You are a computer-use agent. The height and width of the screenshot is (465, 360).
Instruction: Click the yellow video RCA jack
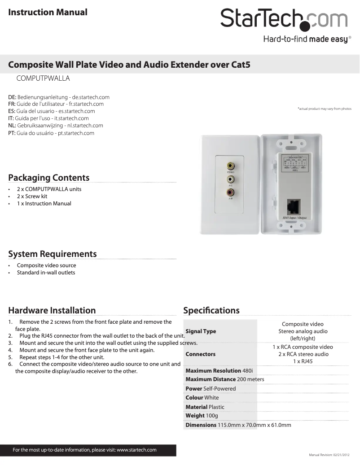tap(230, 165)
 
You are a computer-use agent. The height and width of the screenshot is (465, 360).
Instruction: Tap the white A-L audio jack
tap(230, 179)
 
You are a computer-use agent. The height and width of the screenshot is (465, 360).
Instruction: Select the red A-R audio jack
tap(230, 192)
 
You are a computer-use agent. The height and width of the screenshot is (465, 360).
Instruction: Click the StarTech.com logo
tap(284, 20)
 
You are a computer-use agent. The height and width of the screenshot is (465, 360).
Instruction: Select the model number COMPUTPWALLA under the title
tap(43, 78)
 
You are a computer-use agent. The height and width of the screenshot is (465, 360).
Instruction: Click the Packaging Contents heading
tap(49, 178)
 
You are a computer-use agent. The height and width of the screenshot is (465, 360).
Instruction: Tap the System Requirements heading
tap(53, 254)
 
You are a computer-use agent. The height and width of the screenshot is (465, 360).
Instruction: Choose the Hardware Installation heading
tap(52, 310)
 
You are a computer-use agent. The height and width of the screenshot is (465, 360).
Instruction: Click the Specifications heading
tap(211, 310)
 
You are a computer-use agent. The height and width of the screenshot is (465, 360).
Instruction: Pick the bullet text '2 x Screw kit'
tap(32, 196)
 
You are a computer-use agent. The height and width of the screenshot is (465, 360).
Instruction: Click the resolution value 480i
tap(248, 371)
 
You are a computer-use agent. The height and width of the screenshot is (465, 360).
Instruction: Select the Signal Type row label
tap(201, 331)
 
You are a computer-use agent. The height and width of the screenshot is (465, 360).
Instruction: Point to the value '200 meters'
tap(250, 379)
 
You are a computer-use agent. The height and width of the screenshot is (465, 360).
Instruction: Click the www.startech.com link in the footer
tap(136, 450)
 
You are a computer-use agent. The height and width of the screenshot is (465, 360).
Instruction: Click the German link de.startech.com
tap(91, 97)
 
